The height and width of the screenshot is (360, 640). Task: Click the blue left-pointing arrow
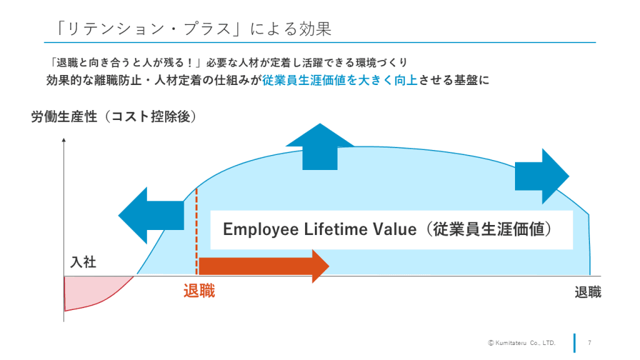pyautogui.click(x=150, y=214)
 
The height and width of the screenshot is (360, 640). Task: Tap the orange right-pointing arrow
pyautogui.click(x=263, y=266)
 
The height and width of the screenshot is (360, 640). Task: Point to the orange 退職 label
pyautogui.click(x=199, y=291)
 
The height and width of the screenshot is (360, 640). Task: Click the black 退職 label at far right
pyautogui.click(x=587, y=292)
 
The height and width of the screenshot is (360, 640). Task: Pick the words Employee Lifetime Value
pyautogui.click(x=319, y=229)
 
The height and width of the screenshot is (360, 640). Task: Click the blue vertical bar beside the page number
pyautogui.click(x=574, y=342)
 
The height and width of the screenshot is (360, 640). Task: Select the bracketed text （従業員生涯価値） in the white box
pyautogui.click(x=487, y=229)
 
